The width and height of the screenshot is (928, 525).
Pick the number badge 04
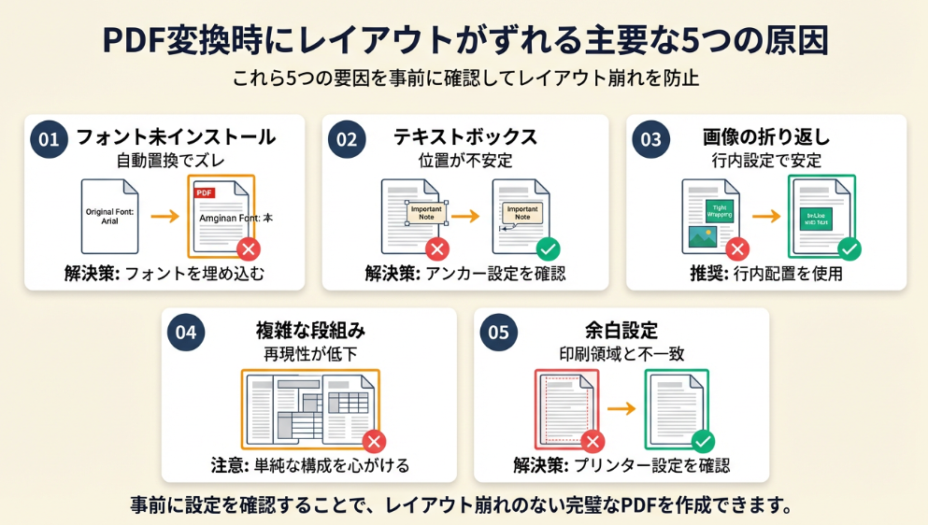186,332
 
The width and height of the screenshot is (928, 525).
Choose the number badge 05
498,332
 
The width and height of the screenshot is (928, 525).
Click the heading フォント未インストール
175,137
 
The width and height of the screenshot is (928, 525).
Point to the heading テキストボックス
465,137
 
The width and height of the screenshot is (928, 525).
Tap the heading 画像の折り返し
765,137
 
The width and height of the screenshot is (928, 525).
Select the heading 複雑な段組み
310,330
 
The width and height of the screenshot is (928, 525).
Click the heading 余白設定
621,330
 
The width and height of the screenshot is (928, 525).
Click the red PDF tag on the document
205,192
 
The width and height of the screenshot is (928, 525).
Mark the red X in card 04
374,442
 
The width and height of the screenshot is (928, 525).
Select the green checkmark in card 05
704,442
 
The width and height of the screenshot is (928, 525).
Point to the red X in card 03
737,249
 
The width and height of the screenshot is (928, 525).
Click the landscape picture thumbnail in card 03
702,237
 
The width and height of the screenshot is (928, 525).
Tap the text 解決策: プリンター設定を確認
621,465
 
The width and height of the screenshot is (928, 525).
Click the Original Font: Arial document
109,216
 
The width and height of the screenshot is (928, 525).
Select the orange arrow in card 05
621,409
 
